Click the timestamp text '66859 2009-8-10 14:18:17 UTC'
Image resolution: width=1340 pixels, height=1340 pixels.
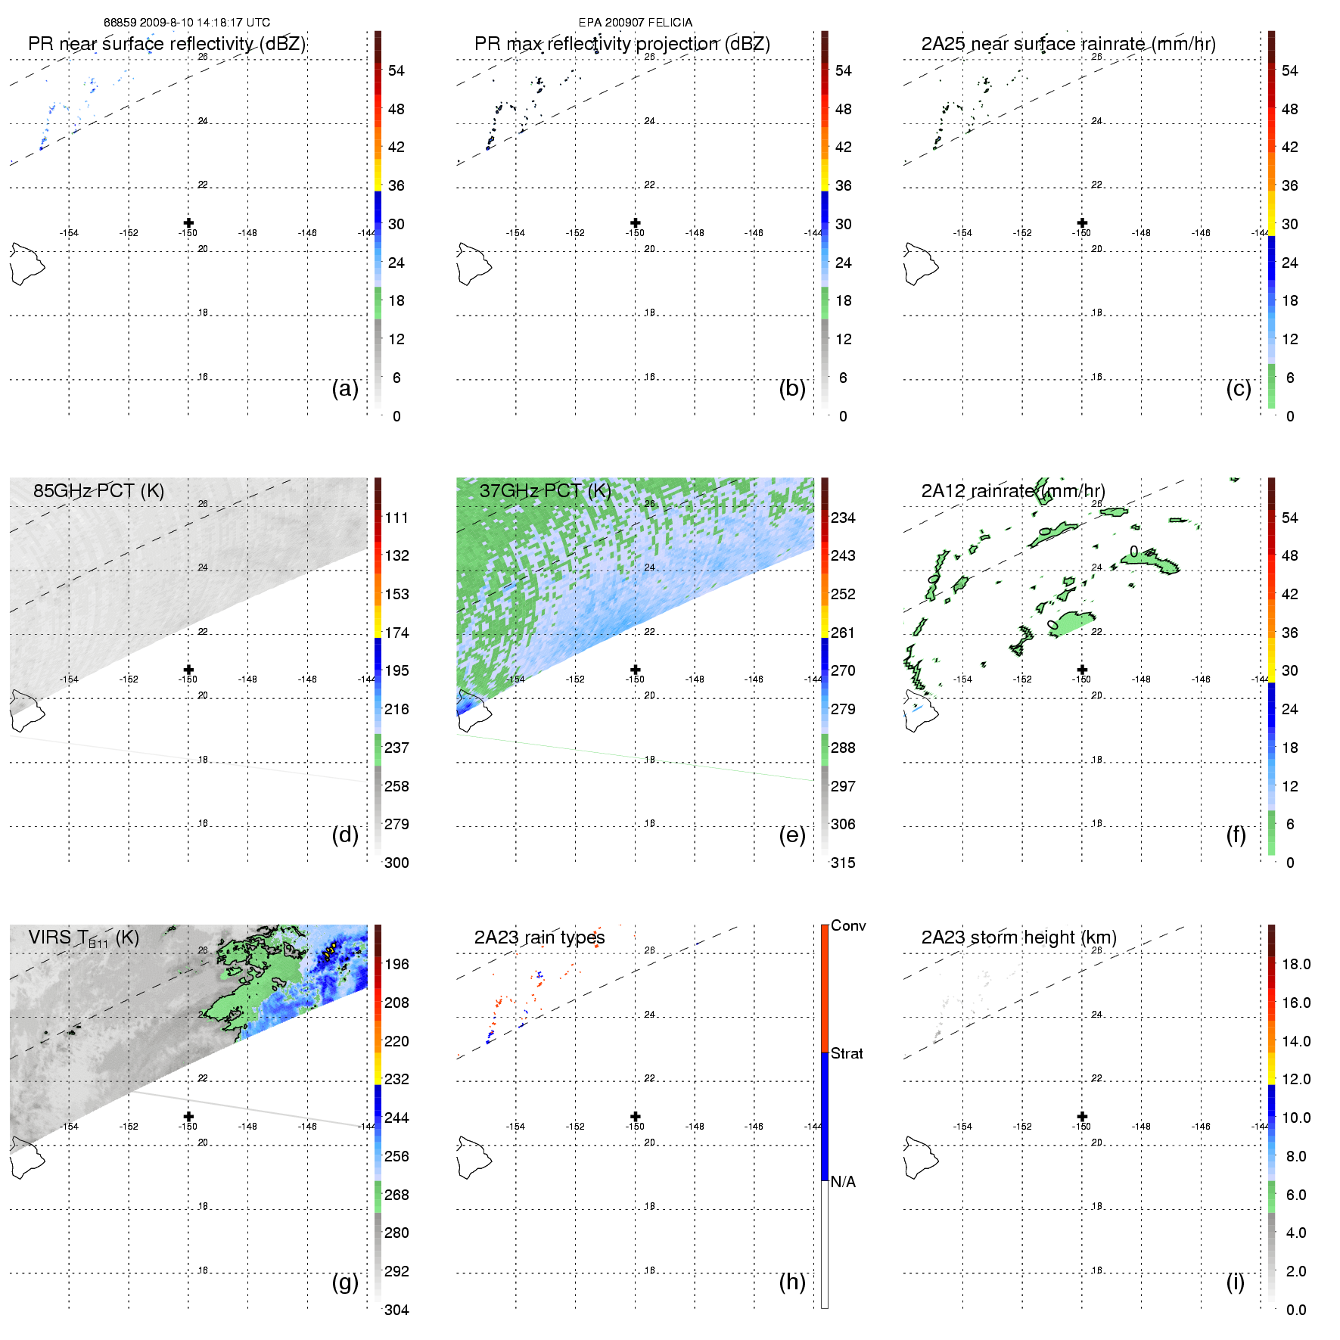186,23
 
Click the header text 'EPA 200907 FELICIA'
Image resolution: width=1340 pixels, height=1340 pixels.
635,23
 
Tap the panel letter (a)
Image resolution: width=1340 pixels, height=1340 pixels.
345,388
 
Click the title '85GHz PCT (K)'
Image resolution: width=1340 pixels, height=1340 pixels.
98,490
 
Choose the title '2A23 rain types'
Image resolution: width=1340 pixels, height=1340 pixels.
539,937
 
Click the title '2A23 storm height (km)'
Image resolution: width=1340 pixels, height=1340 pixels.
1018,937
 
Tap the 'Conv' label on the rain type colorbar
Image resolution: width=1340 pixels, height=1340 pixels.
848,925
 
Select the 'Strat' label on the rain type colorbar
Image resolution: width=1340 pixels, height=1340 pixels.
847,1053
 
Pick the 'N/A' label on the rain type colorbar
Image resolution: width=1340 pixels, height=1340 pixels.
843,1182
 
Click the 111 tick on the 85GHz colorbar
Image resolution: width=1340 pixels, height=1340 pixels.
396,518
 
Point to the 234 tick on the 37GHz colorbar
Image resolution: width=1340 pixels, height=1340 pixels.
843,518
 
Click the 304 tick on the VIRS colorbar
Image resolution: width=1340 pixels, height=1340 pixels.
396,1310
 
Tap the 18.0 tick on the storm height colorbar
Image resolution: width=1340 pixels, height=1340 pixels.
1296,964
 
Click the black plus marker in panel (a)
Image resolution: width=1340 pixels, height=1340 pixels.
188,222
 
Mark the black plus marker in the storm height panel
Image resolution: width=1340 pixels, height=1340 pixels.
1082,1116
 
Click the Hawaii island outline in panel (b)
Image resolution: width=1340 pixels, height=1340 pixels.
473,263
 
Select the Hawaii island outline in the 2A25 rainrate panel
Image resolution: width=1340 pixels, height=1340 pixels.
920,263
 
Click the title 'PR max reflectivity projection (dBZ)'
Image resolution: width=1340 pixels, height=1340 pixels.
622,44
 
